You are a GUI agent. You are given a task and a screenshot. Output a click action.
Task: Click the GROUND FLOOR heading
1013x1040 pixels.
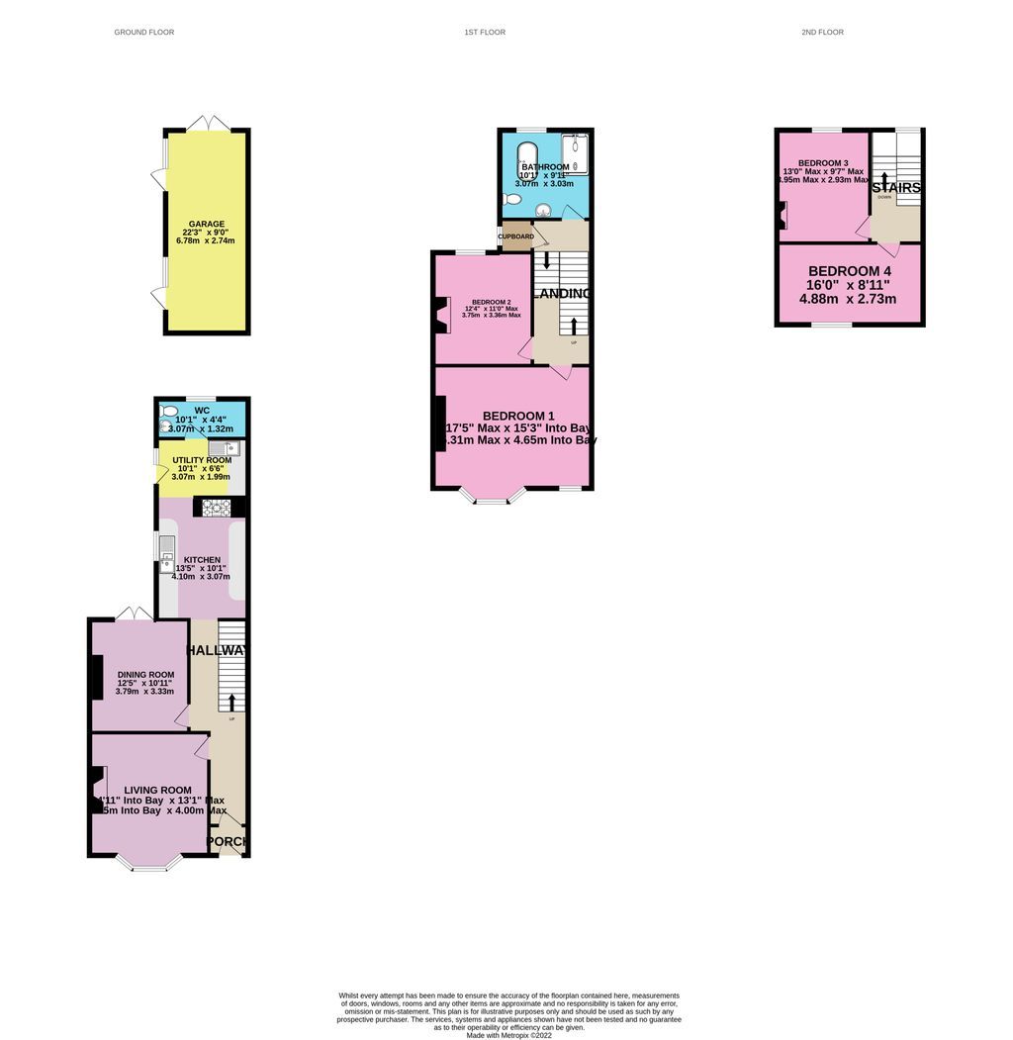(x=143, y=33)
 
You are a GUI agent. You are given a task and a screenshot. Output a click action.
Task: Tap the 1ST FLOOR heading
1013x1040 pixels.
(x=485, y=33)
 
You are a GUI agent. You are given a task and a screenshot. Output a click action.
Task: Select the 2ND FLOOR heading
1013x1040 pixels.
(x=822, y=33)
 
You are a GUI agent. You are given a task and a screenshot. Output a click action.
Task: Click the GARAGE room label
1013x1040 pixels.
(x=207, y=224)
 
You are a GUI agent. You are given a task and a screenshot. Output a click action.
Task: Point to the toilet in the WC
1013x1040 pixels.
(x=170, y=411)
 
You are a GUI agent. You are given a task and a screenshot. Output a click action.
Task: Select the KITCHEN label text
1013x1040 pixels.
(x=202, y=560)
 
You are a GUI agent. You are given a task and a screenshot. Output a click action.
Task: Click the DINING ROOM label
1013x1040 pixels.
(x=145, y=675)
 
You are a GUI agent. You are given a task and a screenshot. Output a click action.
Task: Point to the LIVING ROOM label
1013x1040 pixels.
(x=157, y=790)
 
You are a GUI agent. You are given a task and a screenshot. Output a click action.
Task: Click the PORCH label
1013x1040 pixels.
(x=228, y=842)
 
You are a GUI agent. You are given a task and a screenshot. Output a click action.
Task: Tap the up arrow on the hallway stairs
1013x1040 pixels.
(x=231, y=702)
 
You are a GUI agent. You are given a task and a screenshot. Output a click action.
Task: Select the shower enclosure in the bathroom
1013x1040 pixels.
(x=575, y=155)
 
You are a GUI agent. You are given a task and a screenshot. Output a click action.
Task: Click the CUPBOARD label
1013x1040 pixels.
(x=515, y=236)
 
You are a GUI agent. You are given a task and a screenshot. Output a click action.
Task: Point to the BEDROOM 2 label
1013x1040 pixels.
(x=491, y=302)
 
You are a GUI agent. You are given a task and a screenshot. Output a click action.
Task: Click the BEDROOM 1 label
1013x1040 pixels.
(x=518, y=416)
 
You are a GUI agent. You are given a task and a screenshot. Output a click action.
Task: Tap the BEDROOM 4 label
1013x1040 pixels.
(x=849, y=271)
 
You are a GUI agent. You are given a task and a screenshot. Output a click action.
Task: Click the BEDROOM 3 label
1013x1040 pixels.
(x=823, y=163)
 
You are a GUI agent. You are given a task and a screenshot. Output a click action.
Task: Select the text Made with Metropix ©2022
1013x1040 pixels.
(x=508, y=1035)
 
